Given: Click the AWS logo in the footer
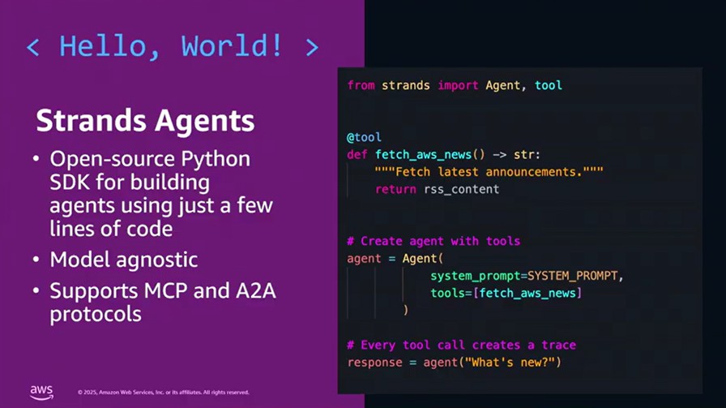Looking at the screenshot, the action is pos(41,392).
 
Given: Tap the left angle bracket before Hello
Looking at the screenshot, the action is pos(32,46).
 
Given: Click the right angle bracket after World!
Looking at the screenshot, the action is pos(312,46).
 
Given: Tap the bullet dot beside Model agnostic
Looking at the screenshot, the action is pos(37,260).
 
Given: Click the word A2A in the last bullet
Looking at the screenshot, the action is pos(252,290).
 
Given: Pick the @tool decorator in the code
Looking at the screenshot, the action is pos(364,137).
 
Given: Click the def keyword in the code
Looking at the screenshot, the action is pos(357,154).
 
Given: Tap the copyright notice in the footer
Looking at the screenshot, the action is pos(163,393).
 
